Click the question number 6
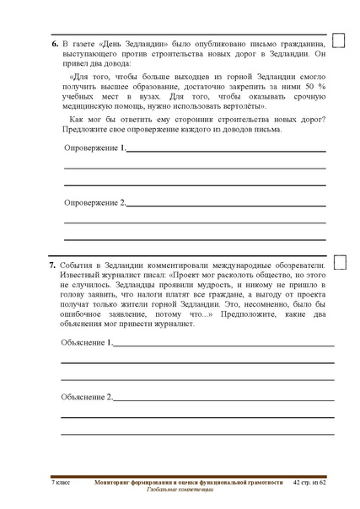pyautogui.click(x=54, y=41)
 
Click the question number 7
pyautogui.click(x=54, y=264)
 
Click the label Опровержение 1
pyautogui.click(x=94, y=148)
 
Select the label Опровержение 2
pyautogui.click(x=94, y=203)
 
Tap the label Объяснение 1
pyautogui.click(x=86, y=343)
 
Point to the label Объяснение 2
pyautogui.click(x=86, y=397)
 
